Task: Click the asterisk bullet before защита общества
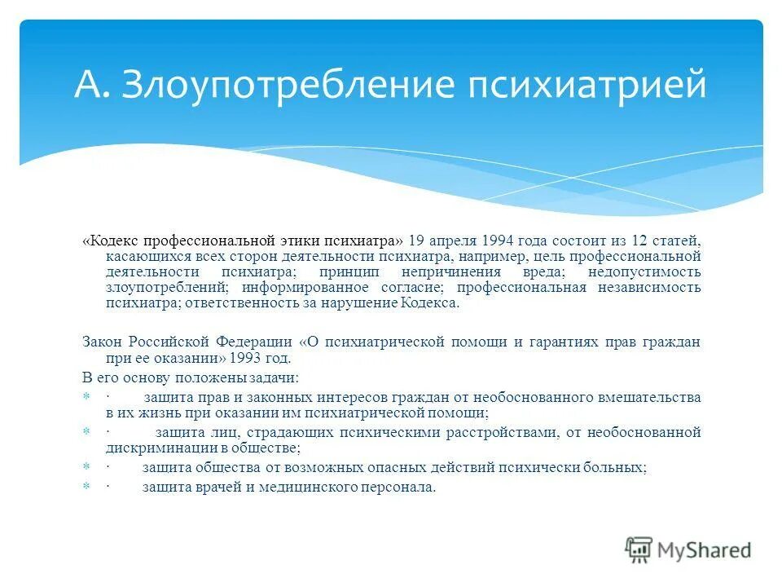[86, 468]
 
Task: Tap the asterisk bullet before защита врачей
[86, 488]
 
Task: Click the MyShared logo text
[704, 550]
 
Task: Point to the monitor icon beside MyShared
[639, 550]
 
